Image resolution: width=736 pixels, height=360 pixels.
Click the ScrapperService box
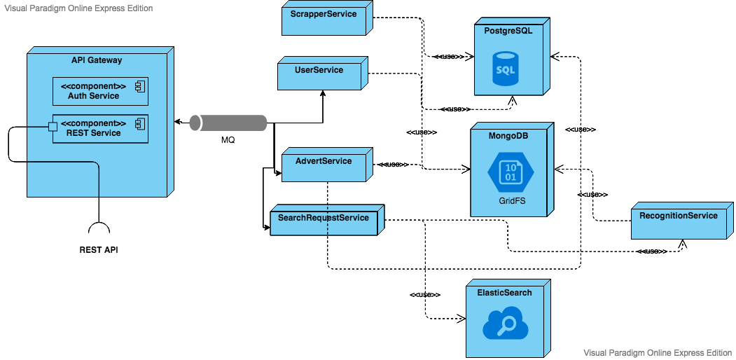tap(324, 19)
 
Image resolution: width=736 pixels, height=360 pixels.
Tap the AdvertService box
tap(324, 165)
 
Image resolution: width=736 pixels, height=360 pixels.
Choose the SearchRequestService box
tap(324, 222)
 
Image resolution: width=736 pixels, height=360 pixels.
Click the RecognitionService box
tap(678, 220)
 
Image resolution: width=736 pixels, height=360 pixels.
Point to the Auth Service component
tap(100, 91)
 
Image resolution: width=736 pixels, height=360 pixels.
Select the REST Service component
tap(100, 128)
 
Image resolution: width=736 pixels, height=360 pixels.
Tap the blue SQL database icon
tap(505, 68)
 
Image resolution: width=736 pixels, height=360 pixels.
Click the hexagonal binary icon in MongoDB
tap(511, 172)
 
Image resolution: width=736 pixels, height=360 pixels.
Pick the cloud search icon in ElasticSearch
tap(505, 326)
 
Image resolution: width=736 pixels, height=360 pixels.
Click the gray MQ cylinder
tap(229, 123)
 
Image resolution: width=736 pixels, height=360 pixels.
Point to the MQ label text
tap(228, 140)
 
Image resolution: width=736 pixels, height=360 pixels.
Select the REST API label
tap(99, 249)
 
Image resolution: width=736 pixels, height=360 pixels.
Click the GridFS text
tap(511, 200)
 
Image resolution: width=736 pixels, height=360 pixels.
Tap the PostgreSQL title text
tap(509, 32)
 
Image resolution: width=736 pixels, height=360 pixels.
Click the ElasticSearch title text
tap(504, 293)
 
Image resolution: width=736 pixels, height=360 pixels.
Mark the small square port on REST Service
tap(51, 127)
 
